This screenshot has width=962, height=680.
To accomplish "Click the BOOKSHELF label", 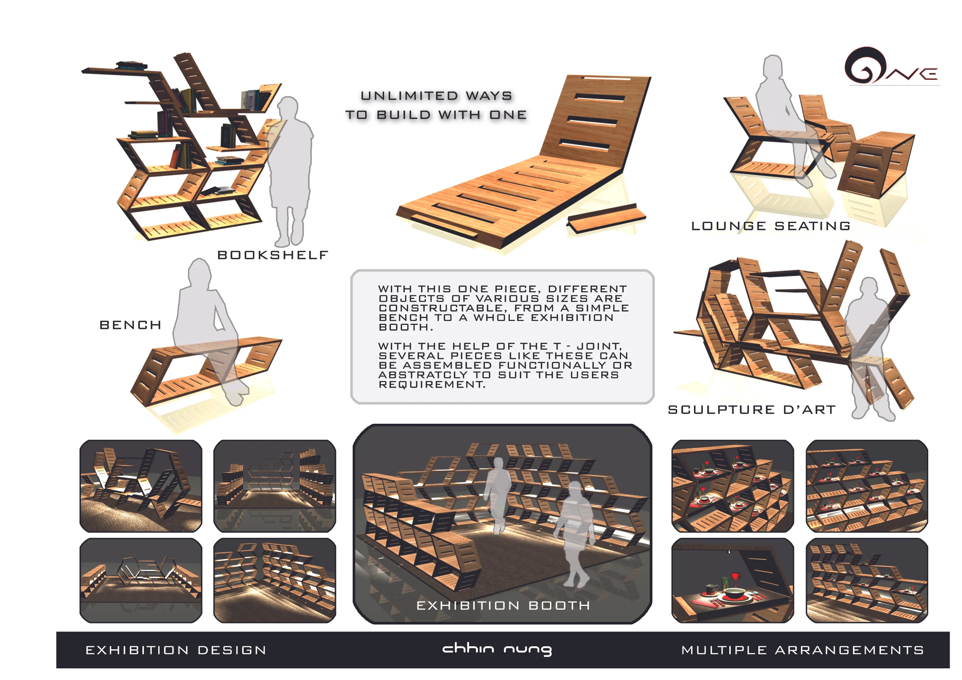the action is (x=273, y=255).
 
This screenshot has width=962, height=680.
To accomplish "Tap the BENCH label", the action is (x=130, y=325).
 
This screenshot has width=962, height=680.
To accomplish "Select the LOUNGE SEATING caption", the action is (x=771, y=226).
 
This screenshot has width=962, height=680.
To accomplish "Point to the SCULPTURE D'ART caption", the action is (x=752, y=409).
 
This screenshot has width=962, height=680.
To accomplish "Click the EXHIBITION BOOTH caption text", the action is (x=503, y=606).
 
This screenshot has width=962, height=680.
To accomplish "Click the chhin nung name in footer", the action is (x=497, y=649).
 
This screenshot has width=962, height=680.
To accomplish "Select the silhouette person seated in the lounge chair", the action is (x=788, y=121).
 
